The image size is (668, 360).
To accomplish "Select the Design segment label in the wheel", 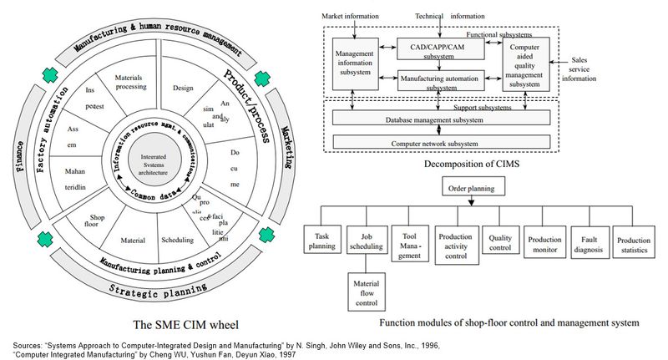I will coord(183,87).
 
